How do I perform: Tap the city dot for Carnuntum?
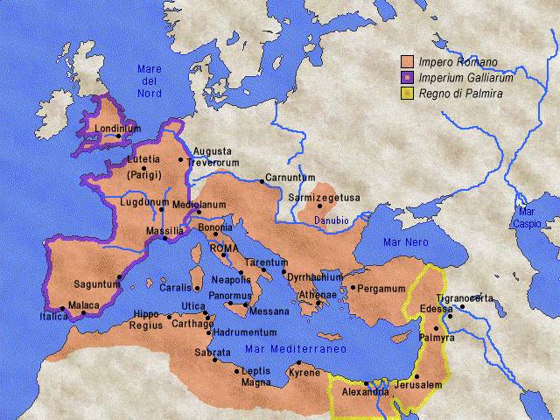(262, 181)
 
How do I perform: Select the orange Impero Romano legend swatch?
(407, 62)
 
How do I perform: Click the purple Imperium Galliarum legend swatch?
(407, 77)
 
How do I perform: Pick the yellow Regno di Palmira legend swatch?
(407, 92)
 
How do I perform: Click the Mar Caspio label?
(527, 218)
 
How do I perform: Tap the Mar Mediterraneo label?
(296, 348)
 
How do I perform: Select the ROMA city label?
(225, 248)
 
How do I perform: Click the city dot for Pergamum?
(352, 286)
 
